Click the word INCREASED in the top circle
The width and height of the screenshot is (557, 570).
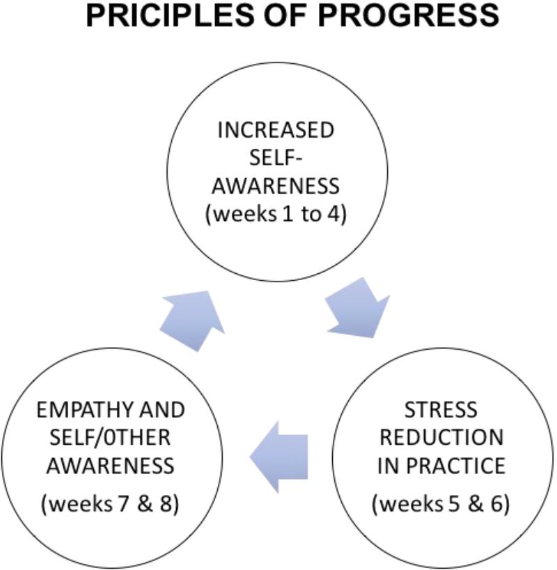pos(276,130)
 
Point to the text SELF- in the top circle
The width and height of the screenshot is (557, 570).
pos(276,158)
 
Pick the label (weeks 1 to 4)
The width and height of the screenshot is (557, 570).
pos(276,214)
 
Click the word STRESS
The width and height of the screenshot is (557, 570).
pos(441,409)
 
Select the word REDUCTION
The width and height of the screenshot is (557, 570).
pos(441,437)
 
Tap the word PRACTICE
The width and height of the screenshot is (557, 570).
pos(456,466)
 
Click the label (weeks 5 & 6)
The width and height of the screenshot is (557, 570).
pos(441,504)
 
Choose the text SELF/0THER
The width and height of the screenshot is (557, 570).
pos(110,437)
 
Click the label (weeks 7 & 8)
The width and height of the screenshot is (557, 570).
pos(110,504)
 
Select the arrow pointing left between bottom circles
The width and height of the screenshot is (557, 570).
pos(279,457)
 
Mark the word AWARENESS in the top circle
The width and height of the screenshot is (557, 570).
pos(276,186)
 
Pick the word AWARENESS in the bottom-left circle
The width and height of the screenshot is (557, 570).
pos(110,466)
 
